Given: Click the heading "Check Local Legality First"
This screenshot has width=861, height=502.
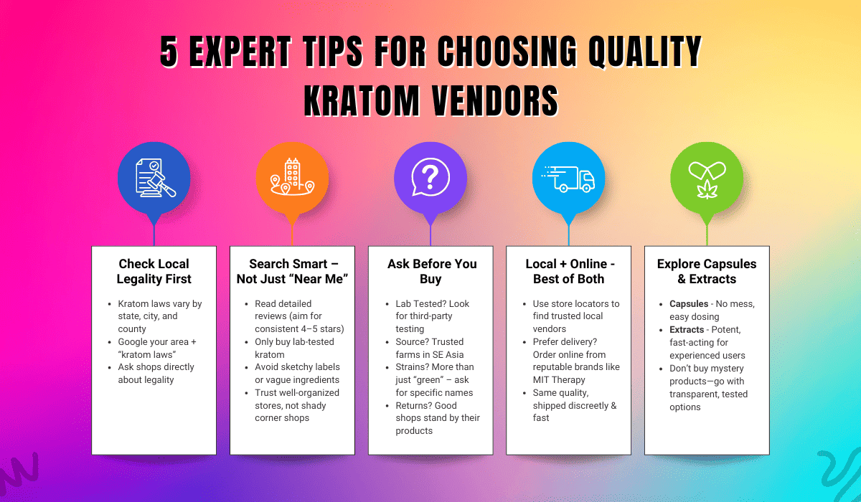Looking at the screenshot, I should coord(154,271).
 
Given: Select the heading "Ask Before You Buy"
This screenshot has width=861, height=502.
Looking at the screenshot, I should coord(430,271).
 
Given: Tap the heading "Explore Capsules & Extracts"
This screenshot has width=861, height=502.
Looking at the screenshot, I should coord(707,271).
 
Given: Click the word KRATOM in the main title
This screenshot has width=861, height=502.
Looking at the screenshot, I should coord(362,100).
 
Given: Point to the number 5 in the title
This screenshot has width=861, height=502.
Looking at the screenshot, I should coord(169,52).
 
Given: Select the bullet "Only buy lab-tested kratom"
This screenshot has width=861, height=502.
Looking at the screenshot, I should coord(294,348).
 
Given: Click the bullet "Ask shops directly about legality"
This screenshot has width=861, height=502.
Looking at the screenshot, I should coord(155,373).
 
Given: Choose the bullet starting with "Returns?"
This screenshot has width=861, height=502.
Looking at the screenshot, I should coord(438,418).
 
